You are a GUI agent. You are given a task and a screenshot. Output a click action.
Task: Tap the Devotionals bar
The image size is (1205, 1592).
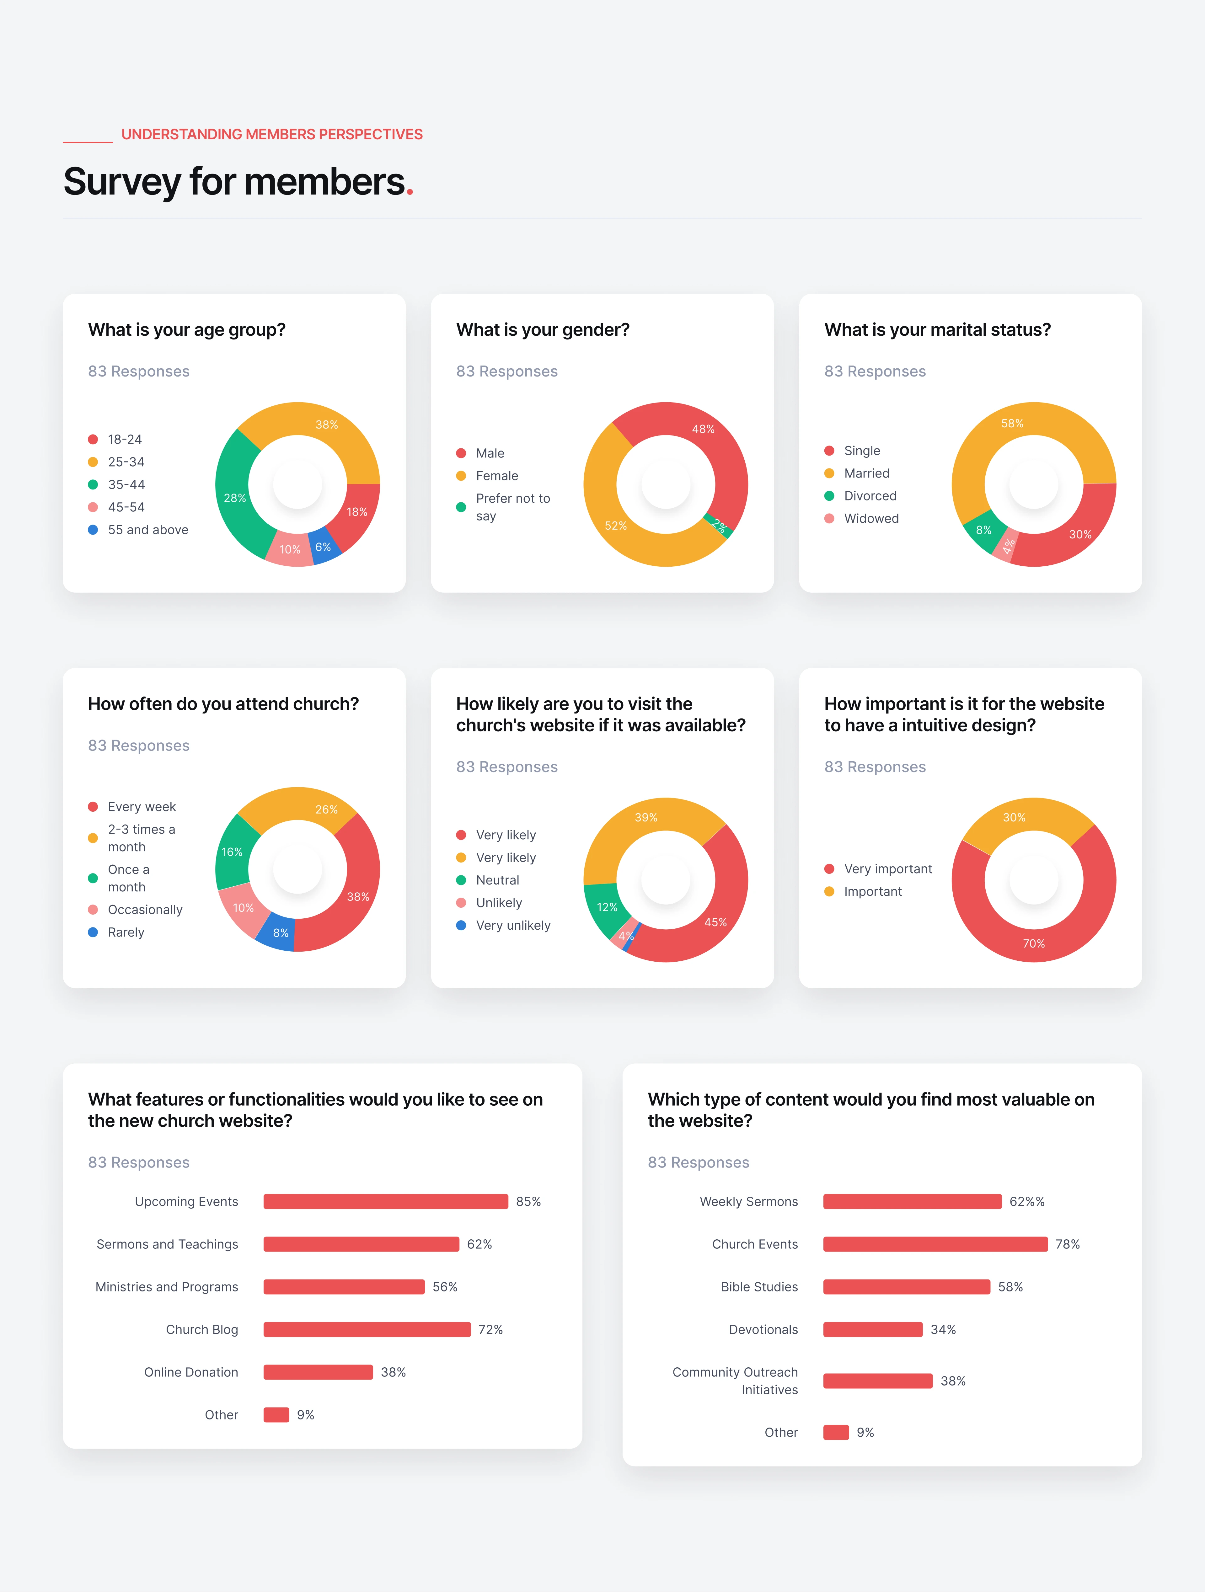point(872,1329)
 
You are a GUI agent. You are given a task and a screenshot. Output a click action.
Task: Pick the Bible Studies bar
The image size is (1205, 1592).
point(906,1287)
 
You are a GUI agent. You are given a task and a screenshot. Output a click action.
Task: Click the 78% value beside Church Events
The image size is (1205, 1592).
point(1068,1244)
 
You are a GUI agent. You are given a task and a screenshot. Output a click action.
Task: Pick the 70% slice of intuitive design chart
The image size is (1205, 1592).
point(1034,943)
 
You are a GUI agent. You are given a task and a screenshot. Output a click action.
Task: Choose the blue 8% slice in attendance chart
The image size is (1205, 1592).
point(280,933)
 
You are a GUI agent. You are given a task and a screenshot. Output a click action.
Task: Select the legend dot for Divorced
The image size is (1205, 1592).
point(829,496)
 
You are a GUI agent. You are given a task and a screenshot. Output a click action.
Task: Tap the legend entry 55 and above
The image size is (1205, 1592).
point(147,530)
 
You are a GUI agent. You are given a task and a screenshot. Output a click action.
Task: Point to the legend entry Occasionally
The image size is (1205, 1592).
point(145,910)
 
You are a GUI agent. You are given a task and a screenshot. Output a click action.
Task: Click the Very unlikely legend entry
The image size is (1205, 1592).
point(512,926)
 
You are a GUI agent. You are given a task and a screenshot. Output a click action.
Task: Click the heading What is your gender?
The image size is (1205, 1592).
point(543,330)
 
